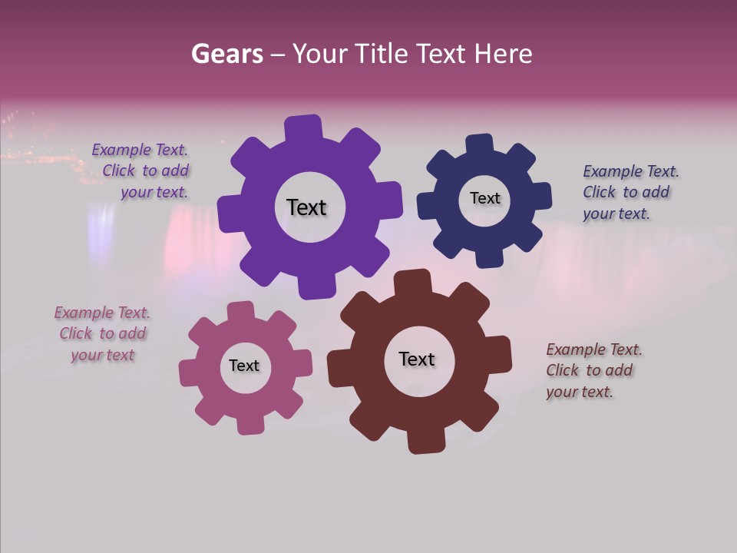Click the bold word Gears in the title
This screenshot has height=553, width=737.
226,54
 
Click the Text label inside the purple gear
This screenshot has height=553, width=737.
306,207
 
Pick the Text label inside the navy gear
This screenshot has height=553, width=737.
484,198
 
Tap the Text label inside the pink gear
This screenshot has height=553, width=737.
244,366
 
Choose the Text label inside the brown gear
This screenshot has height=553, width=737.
417,359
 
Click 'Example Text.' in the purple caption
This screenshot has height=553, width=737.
140,150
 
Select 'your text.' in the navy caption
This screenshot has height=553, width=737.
616,214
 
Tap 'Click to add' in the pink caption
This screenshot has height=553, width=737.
103,333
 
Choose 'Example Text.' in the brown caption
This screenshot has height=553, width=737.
594,349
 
